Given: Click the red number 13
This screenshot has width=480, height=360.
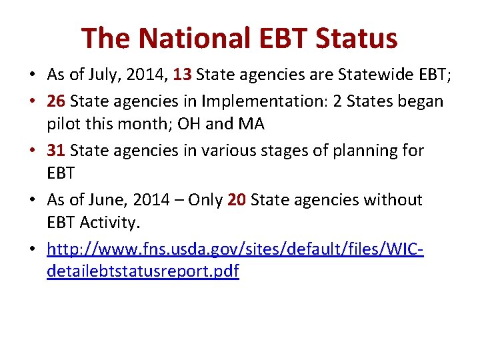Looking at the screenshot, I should tap(183, 75).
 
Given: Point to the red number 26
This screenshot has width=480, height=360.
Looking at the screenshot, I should tap(56, 101).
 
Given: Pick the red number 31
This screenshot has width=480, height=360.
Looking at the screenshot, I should tap(56, 150).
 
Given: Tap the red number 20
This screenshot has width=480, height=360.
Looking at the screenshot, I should tap(237, 199).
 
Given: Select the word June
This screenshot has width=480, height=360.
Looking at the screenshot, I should tap(111, 199).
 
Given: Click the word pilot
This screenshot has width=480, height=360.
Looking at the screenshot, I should tap(63, 125).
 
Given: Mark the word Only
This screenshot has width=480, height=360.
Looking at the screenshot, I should tap(205, 199).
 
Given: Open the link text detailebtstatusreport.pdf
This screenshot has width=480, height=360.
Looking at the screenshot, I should tap(143, 272).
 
